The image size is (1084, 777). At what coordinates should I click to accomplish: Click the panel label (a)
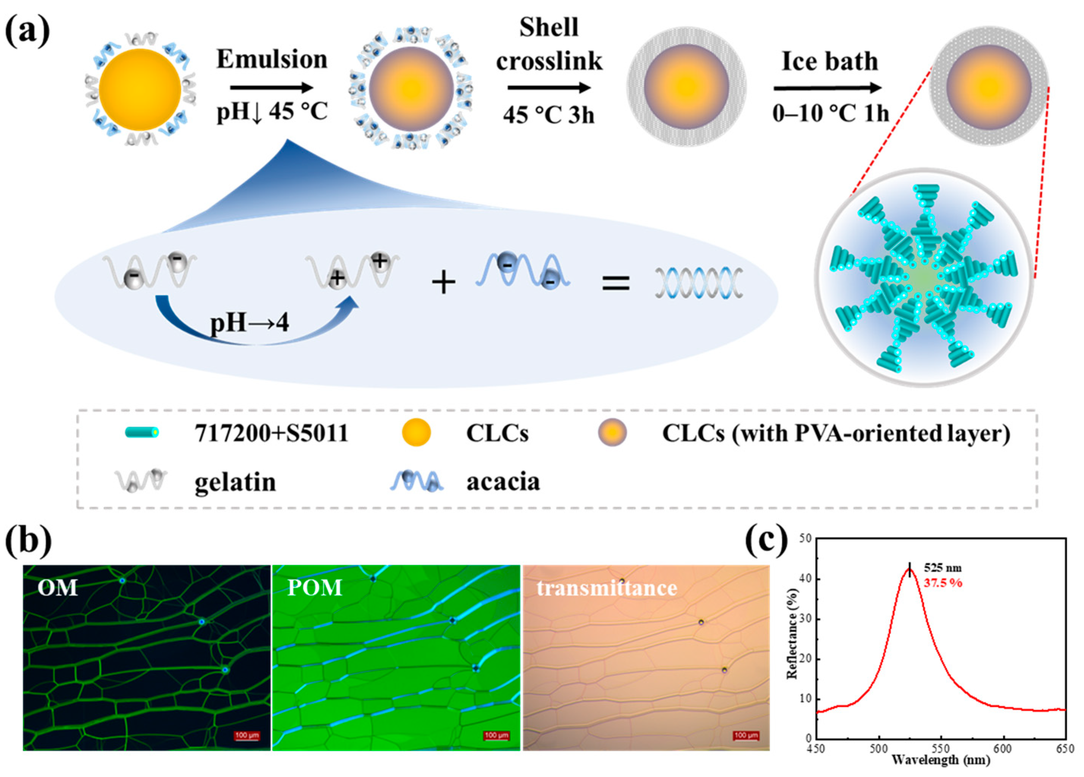pyautogui.click(x=27, y=30)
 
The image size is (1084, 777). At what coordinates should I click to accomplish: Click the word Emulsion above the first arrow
pyautogui.click(x=272, y=59)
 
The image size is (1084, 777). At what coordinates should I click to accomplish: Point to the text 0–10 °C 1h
pyautogui.click(x=831, y=113)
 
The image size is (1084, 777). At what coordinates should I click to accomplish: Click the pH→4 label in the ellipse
pyautogui.click(x=250, y=323)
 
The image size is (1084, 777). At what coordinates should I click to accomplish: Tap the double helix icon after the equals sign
pyautogui.click(x=699, y=283)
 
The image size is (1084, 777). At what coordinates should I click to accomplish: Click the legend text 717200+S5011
pyautogui.click(x=271, y=434)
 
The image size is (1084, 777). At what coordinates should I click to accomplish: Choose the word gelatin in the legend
pyautogui.click(x=235, y=482)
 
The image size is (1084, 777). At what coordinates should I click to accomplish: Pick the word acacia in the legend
pyautogui.click(x=503, y=482)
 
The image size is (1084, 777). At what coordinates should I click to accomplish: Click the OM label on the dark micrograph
pyautogui.click(x=57, y=587)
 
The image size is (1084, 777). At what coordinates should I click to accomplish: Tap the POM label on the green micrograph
pyautogui.click(x=314, y=587)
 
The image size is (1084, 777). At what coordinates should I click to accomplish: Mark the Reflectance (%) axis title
pyautogui.click(x=792, y=638)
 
